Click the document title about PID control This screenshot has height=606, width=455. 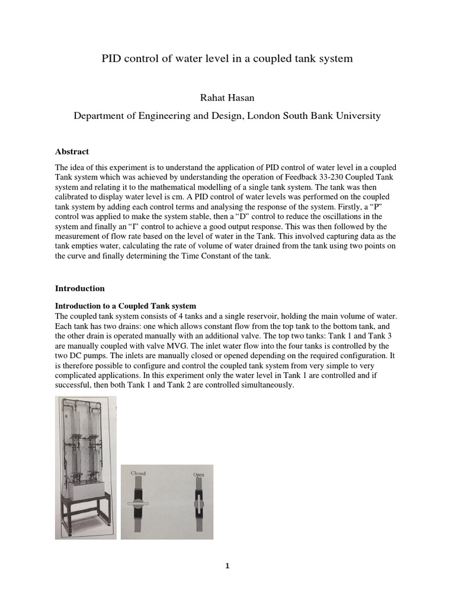coord(227,59)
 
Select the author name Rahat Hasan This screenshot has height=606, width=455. coord(227,97)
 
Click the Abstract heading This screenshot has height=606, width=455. coord(72,151)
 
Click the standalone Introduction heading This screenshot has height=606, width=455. coord(79,288)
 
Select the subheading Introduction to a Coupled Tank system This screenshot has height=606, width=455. coord(125,306)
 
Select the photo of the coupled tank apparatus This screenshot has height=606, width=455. coord(86,468)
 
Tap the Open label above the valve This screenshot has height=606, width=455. coord(198,475)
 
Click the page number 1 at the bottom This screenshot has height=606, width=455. coord(227,566)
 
